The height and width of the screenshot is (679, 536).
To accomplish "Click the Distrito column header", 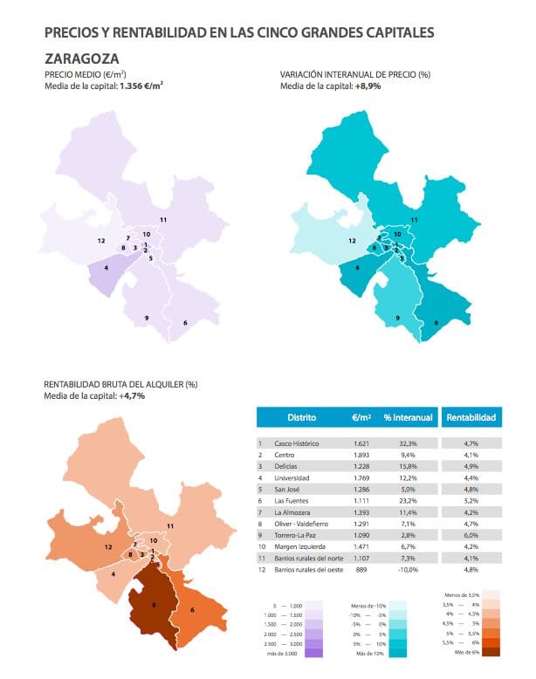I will pos(301,418).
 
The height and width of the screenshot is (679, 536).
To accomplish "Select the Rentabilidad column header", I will pos(471,418).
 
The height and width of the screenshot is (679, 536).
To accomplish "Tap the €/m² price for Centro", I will pos(362,455).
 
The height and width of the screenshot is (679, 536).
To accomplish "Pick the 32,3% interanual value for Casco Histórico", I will pos(407,444).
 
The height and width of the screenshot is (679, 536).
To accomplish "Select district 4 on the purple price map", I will pos(107,267).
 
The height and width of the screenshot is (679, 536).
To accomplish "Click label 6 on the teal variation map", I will pos(436,322).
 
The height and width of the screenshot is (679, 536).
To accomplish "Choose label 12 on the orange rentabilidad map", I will pos(108,546).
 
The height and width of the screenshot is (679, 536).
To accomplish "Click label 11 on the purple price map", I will pos(162,219).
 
